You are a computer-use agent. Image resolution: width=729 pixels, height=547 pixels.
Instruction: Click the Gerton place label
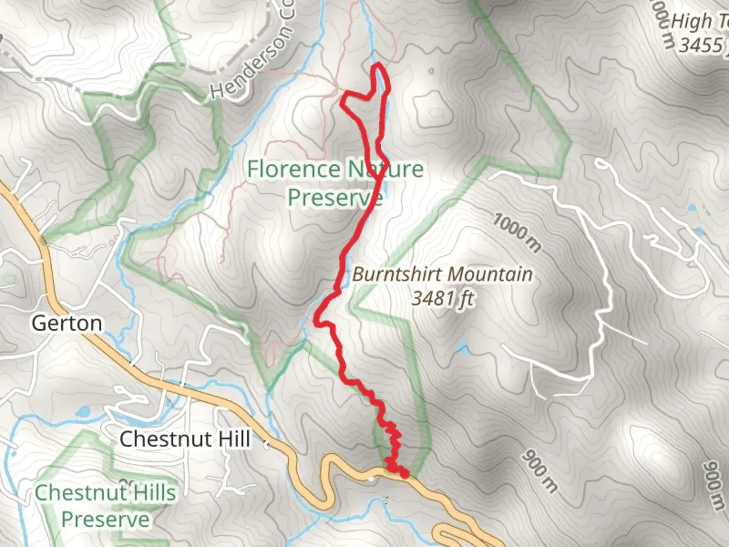point(67,323)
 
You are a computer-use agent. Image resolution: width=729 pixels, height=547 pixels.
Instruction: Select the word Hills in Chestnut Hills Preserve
point(151,492)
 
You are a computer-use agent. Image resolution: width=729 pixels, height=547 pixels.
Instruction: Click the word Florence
point(294,169)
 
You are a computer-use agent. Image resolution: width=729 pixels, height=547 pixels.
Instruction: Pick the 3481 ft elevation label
point(442,298)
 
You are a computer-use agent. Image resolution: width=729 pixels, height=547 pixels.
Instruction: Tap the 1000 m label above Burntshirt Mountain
point(517,232)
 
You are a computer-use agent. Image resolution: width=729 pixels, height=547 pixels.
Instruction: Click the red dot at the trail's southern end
point(404,474)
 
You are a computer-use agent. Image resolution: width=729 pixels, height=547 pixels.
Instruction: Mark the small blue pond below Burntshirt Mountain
point(462,348)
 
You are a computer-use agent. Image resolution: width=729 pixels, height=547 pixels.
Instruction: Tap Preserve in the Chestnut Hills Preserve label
point(105,520)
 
